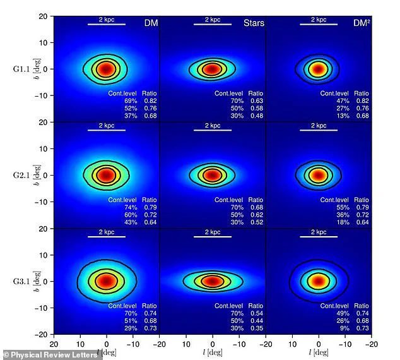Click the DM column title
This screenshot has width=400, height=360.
(150, 23)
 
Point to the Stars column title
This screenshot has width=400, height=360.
(254, 23)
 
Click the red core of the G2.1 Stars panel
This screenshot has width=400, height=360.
(213, 175)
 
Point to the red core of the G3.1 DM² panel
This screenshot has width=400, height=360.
(319, 281)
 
